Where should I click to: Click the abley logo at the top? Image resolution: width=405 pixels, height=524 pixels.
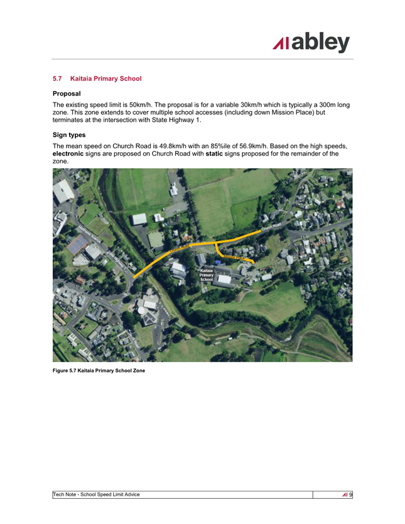pyautogui.click(x=311, y=43)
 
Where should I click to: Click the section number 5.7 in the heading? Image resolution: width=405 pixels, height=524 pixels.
pyautogui.click(x=58, y=79)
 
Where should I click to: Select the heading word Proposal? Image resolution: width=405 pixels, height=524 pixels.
pyautogui.click(x=67, y=93)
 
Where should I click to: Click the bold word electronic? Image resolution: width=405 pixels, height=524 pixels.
pyautogui.click(x=72, y=153)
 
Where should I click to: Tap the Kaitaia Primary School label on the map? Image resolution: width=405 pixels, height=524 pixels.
pyautogui.click(x=207, y=275)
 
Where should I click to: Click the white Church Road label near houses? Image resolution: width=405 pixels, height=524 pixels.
pyautogui.click(x=271, y=227)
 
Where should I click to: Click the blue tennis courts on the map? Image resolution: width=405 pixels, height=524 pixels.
pyautogui.click(x=77, y=246)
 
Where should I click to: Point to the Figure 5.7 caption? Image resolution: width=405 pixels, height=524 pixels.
pyautogui.click(x=99, y=371)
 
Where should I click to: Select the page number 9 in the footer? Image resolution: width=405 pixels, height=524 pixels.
pyautogui.click(x=350, y=495)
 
